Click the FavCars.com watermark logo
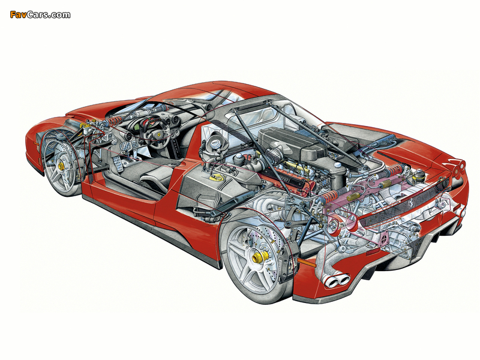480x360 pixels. tap(40, 14)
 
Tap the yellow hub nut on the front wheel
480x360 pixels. tap(61, 166)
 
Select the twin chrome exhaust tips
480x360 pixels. tap(338, 280)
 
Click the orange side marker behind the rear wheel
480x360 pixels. tap(307, 262)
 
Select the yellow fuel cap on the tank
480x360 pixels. tap(217, 177)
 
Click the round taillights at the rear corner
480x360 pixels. tap(458, 167)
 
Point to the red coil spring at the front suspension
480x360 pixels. tap(114, 121)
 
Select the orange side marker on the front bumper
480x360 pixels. tap(36, 143)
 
